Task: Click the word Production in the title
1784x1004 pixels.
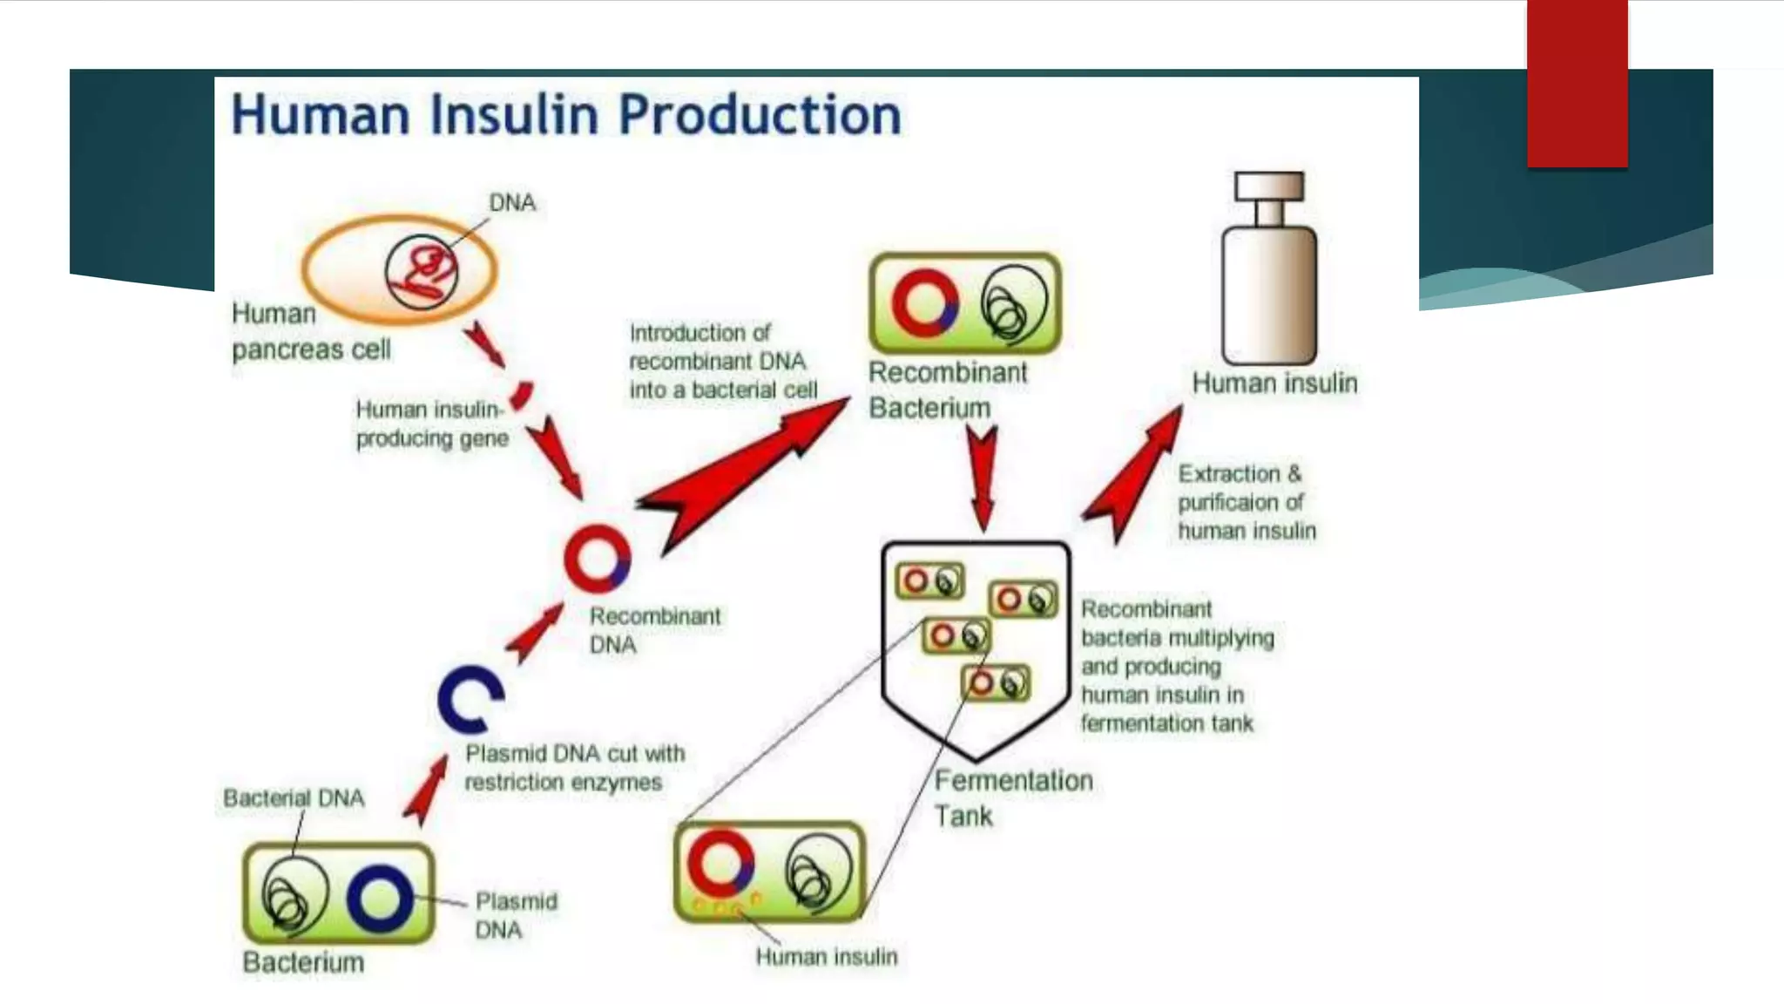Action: pyautogui.click(x=760, y=115)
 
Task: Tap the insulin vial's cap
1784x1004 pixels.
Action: pyautogui.click(x=1269, y=187)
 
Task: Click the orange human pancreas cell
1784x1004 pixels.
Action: pyautogui.click(x=348, y=270)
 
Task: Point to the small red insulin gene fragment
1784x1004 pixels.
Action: pyautogui.click(x=522, y=396)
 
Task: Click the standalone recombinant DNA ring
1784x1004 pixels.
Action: pyautogui.click(x=597, y=559)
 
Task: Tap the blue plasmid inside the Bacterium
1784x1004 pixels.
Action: pyautogui.click(x=380, y=898)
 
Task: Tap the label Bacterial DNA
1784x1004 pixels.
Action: pyautogui.click(x=294, y=798)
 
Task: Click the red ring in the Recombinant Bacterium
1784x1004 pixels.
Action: pyautogui.click(x=924, y=303)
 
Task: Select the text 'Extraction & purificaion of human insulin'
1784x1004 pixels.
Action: pyautogui.click(x=1246, y=503)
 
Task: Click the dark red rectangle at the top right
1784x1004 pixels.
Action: pyautogui.click(x=1577, y=83)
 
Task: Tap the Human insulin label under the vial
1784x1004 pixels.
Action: pyautogui.click(x=1274, y=383)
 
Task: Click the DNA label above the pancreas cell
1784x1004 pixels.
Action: pyautogui.click(x=512, y=203)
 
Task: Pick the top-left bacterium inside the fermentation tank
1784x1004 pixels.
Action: pyautogui.click(x=929, y=581)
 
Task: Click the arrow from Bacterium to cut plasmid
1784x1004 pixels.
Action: pyautogui.click(x=426, y=789)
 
